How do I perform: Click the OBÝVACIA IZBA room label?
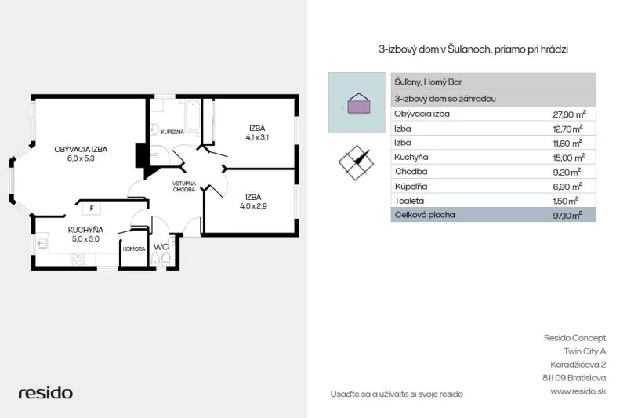(81, 149)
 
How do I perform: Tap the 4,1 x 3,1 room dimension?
(257, 137)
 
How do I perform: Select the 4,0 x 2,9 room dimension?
(253, 206)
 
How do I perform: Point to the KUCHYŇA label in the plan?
(85, 230)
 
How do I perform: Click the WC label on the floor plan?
(161, 247)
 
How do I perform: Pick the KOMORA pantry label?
(134, 249)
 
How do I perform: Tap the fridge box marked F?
(92, 208)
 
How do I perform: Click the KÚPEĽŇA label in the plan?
(172, 132)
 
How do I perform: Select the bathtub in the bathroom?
(192, 115)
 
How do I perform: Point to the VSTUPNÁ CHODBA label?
(184, 187)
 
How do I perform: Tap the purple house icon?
(359, 104)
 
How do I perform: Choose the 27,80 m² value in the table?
(570, 114)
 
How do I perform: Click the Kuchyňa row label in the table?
(411, 157)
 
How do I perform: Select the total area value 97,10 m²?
(567, 215)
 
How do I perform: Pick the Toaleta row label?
(409, 201)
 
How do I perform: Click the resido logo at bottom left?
(45, 393)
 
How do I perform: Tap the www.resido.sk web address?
(578, 391)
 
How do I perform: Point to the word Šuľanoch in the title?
(469, 49)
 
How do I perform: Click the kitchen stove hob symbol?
(77, 259)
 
